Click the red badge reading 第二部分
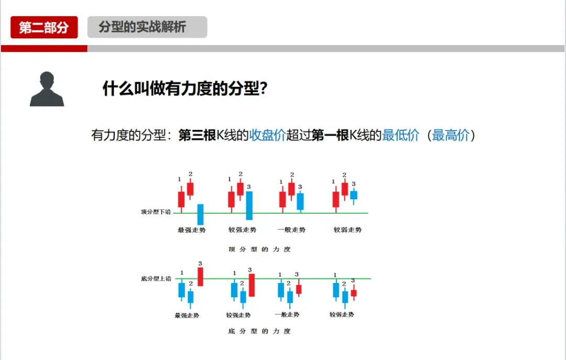coord(44,27)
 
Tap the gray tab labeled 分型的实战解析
coord(147,27)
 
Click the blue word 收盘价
coord(267,135)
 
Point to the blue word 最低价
coord(400,135)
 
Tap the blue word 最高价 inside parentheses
coord(450,135)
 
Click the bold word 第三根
coord(197,135)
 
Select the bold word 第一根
coord(330,135)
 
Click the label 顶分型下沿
coord(156,212)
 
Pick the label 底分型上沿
coord(156,279)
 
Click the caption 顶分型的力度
coord(259,249)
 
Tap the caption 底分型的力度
coord(259,331)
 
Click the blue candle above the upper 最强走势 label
coord(200,214)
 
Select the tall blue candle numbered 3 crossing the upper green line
coord(249,205)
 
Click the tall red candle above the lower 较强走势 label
coord(252,285)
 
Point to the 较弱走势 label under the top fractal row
coord(347,230)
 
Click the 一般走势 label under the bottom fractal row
coord(287,314)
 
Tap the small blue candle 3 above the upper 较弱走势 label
coord(354,195)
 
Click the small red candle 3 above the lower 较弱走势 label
coord(353,293)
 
